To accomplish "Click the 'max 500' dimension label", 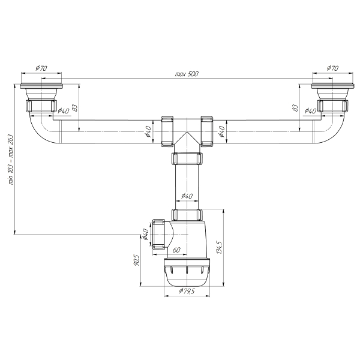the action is pyautogui.click(x=187, y=74).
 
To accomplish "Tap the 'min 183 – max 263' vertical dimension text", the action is pyautogui.click(x=11, y=160).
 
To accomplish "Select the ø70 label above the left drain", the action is pyautogui.click(x=41, y=68).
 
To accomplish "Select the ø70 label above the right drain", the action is pyautogui.click(x=332, y=68).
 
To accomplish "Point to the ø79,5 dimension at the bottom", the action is pyautogui.click(x=187, y=291).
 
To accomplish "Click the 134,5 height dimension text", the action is pyautogui.click(x=219, y=247).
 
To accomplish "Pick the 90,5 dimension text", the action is pyautogui.click(x=136, y=260).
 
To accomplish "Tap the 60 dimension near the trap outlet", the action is pyautogui.click(x=176, y=250).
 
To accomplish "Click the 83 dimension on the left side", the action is pyautogui.click(x=75, y=107).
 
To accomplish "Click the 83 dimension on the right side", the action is pyautogui.click(x=295, y=107).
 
